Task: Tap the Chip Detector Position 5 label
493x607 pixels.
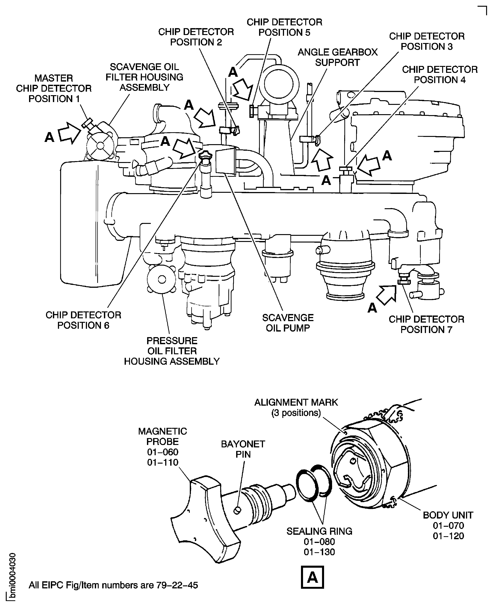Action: click(284, 27)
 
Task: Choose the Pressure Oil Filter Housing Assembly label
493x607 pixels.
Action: click(172, 351)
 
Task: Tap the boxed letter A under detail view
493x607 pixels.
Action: click(312, 577)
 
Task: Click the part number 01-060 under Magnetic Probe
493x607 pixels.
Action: click(162, 452)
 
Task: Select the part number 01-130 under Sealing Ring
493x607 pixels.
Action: click(319, 552)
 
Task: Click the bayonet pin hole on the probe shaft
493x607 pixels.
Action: click(237, 510)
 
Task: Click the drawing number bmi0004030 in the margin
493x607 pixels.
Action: click(12, 577)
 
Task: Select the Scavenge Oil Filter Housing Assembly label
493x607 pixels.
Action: click(144, 77)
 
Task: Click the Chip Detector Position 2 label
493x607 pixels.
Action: click(196, 37)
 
